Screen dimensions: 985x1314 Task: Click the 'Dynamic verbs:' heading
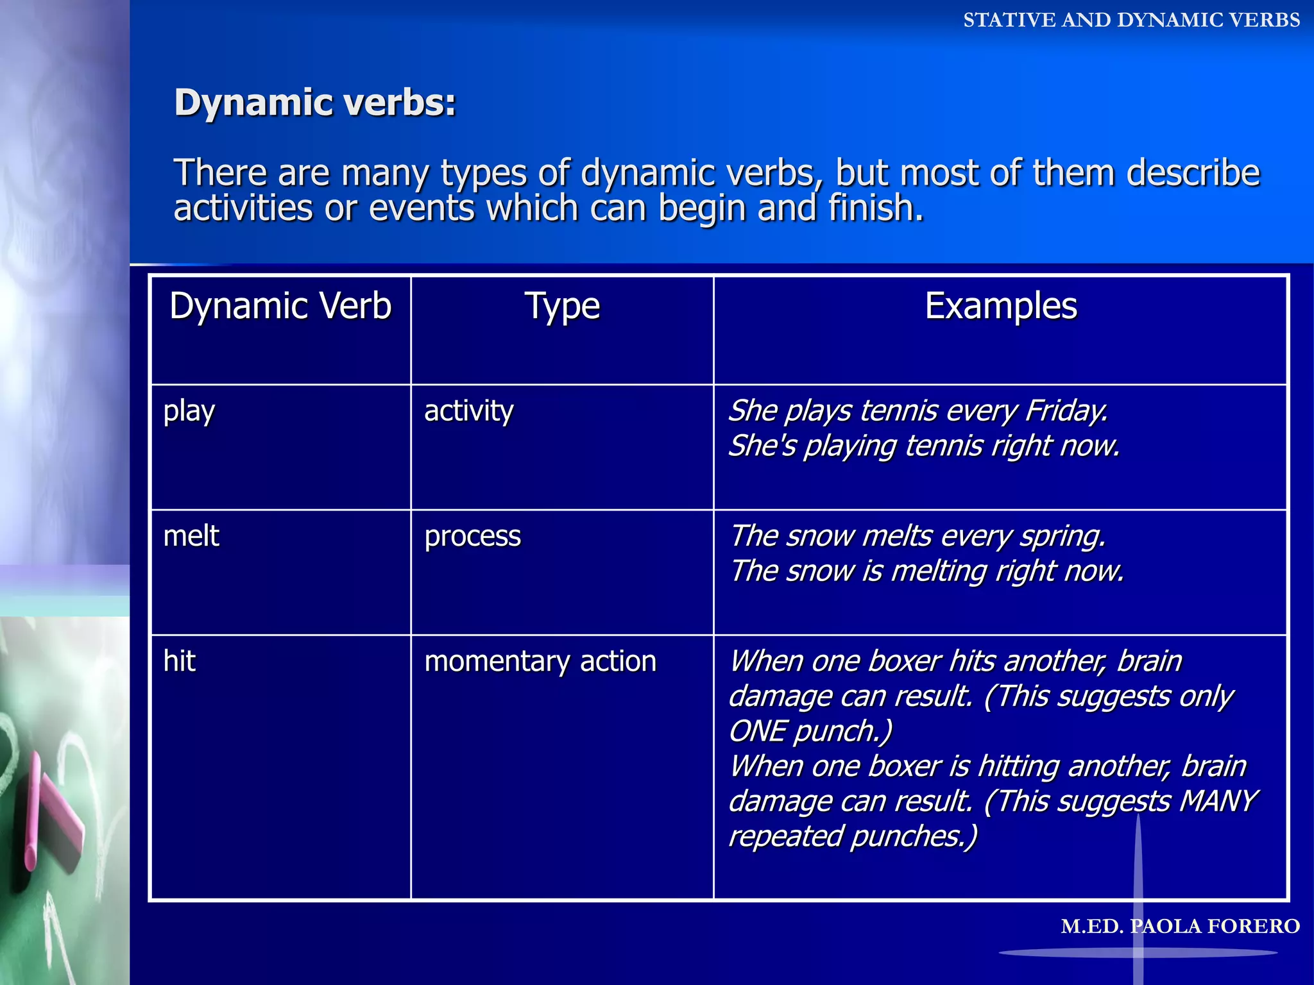[x=315, y=103]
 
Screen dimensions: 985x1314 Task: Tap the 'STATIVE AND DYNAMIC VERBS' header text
[x=1131, y=21]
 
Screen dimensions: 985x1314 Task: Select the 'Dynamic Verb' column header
[x=280, y=306]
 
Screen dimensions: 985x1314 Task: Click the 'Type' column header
[x=562, y=306]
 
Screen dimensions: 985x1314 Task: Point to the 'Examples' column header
[x=1000, y=306]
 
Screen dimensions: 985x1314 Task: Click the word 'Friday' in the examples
[x=1065, y=410]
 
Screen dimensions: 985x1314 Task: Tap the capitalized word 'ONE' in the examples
[x=758, y=731]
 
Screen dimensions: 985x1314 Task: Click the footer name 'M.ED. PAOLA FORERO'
[x=1180, y=926]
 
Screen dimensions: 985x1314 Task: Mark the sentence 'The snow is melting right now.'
[x=927, y=571]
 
